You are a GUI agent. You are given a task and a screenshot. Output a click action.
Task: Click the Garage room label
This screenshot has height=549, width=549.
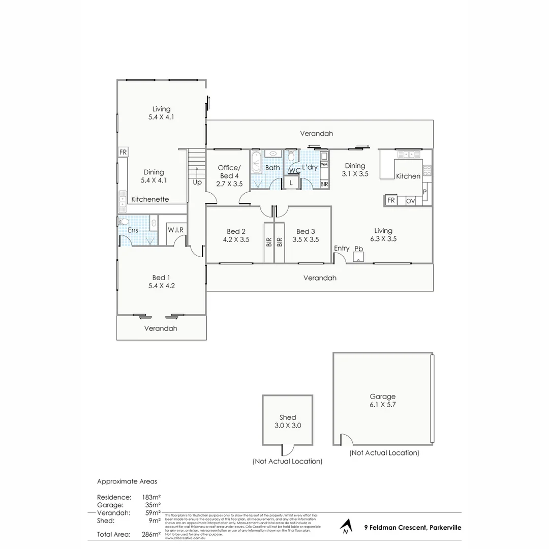point(383,396)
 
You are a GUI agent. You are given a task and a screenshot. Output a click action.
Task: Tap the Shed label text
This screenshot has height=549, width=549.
point(287,417)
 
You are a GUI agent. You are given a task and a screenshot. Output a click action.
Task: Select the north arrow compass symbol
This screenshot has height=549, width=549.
point(347,527)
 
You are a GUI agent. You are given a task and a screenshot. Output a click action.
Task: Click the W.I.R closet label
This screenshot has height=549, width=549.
point(176,230)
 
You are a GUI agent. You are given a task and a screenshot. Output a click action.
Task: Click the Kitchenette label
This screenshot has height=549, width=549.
point(150,200)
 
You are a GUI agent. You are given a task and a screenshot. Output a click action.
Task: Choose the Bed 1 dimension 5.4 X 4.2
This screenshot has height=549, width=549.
point(159,285)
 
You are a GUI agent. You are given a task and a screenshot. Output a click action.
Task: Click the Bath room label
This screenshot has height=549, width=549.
point(272,168)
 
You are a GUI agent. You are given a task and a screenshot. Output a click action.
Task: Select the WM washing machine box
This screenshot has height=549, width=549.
point(324,165)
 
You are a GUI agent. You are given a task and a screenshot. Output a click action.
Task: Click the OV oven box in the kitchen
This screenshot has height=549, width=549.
point(410,201)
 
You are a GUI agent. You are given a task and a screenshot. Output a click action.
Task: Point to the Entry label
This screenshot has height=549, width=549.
point(342,248)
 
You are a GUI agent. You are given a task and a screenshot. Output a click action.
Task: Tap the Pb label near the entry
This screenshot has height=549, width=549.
point(358,249)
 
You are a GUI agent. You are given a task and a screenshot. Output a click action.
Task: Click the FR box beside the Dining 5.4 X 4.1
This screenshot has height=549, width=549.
point(123,152)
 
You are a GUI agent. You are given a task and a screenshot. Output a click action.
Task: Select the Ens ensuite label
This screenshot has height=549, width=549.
point(133,230)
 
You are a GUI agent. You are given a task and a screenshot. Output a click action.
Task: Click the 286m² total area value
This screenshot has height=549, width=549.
point(152,534)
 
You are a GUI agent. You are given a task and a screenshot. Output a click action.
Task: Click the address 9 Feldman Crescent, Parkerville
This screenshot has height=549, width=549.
point(413,528)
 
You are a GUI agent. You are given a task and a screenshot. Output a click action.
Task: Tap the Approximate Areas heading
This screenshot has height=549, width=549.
point(127,481)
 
